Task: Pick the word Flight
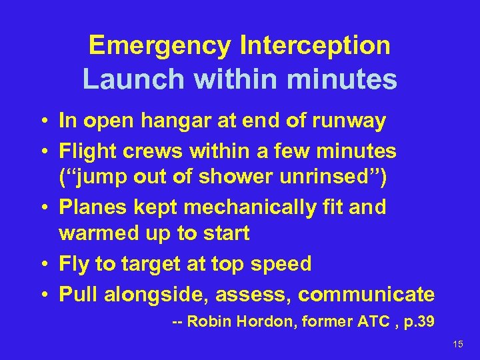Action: pyautogui.click(x=86, y=151)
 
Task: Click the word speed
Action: pyautogui.click(x=281, y=264)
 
